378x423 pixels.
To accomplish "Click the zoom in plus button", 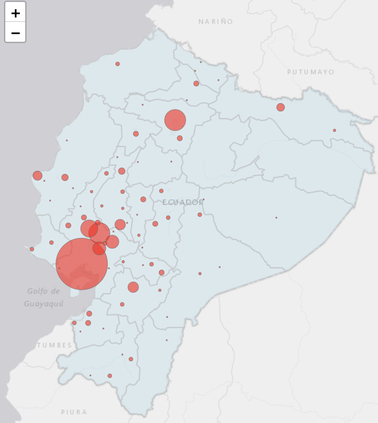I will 15,13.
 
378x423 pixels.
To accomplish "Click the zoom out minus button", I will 15,33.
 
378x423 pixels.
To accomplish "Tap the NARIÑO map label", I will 216,22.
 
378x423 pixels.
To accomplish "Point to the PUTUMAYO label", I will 311,72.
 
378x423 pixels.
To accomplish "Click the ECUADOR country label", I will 183,202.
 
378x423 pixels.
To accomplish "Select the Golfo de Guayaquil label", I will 43,297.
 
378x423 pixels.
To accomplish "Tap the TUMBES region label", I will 54,345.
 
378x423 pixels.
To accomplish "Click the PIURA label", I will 74,412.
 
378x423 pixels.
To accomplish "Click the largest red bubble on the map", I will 82,264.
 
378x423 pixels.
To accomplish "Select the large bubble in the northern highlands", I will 175,120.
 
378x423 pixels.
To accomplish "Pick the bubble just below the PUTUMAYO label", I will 281,107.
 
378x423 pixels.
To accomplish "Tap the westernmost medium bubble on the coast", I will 37,175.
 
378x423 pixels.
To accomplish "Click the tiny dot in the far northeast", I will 334,130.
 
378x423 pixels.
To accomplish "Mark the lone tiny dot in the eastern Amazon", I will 276,218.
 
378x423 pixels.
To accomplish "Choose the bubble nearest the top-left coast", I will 117,64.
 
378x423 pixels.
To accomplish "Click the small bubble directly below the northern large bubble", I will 180,138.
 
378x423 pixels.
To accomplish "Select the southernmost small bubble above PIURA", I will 110,376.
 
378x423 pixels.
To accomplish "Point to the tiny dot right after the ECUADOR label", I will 203,200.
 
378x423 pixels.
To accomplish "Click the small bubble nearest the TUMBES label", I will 74,323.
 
